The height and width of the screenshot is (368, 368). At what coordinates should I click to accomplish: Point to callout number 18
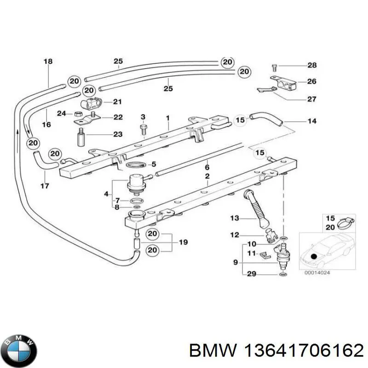tap(48, 61)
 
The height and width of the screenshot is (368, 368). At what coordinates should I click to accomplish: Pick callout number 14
tap(312, 121)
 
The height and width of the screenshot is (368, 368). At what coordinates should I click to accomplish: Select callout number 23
tap(118, 134)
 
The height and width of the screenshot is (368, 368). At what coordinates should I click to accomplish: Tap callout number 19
tap(183, 242)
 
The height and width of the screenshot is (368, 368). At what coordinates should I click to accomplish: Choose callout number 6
tap(207, 167)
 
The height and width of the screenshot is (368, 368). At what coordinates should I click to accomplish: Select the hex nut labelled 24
tap(78, 113)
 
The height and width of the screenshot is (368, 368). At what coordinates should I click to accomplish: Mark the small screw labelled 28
tap(275, 67)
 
